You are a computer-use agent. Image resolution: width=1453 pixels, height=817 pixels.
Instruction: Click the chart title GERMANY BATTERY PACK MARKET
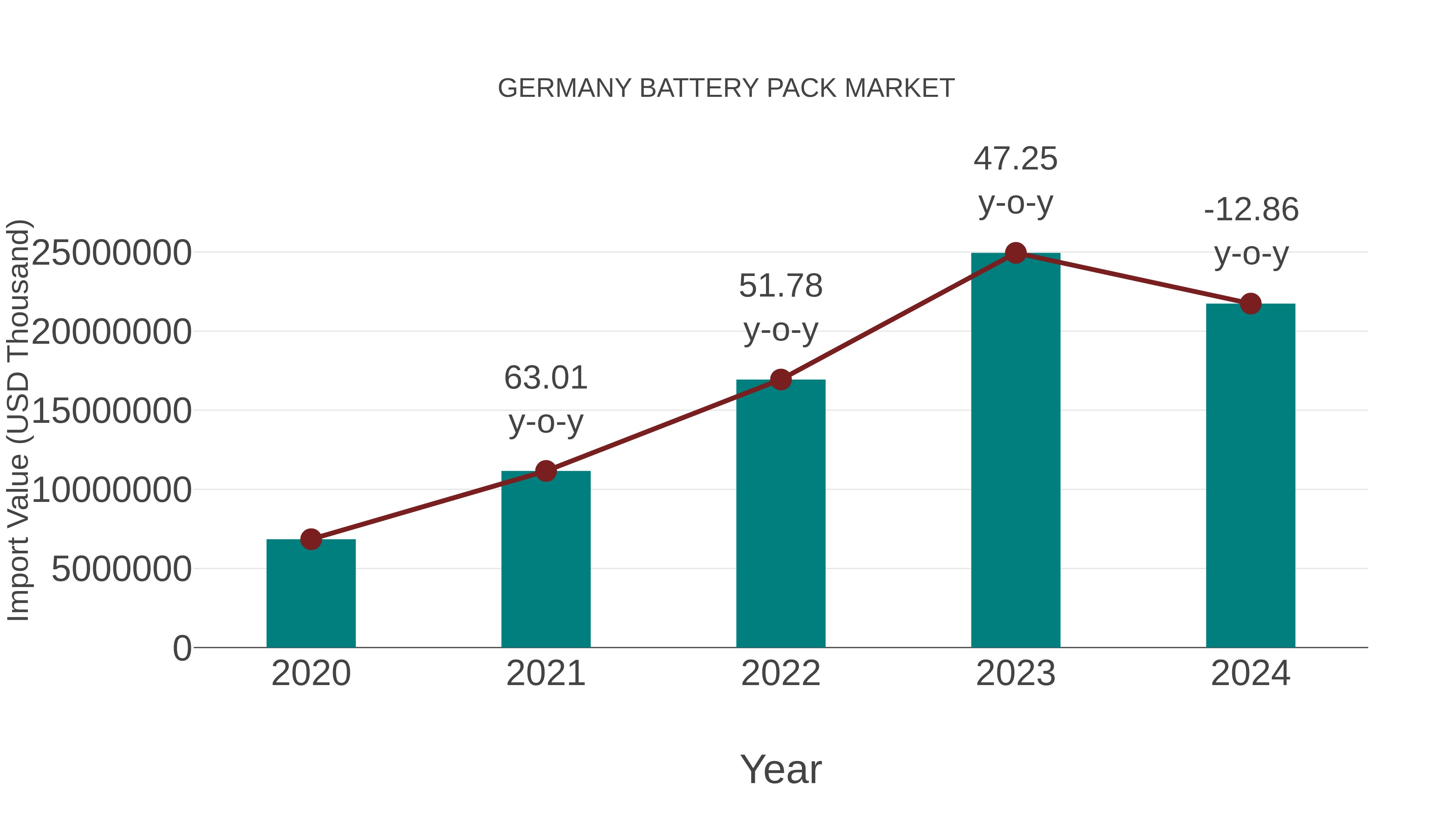(726, 88)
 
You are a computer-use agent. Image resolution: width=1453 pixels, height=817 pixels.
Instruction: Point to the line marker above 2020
(311, 539)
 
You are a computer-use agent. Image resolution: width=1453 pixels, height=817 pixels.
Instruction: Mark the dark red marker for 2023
(1015, 253)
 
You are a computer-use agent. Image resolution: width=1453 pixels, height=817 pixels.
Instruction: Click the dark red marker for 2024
(1250, 304)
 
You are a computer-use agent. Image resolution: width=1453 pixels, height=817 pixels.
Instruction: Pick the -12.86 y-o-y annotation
(1251, 231)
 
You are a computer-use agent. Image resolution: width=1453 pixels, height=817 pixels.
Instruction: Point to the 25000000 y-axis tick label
(111, 253)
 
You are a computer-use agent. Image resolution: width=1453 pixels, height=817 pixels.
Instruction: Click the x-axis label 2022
(781, 673)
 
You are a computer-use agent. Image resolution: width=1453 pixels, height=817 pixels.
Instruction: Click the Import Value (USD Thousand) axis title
(18, 420)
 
